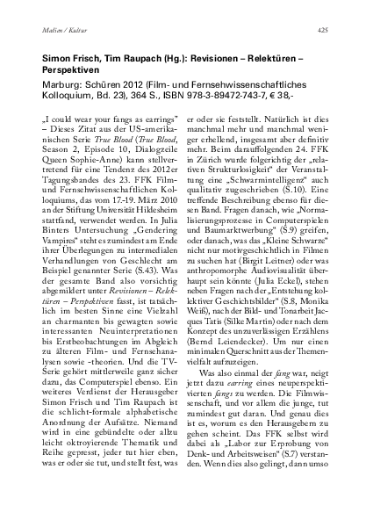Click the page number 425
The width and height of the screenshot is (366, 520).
323,29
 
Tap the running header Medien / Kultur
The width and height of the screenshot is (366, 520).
61,29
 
